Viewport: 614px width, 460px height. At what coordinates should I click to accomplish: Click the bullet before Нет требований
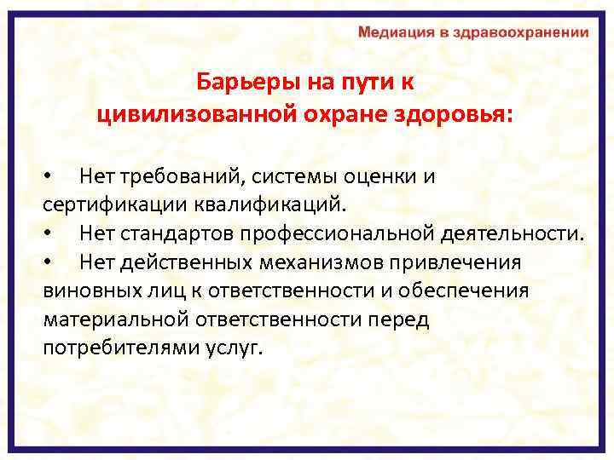coord(49,177)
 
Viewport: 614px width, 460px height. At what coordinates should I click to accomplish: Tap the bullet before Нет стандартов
coord(49,233)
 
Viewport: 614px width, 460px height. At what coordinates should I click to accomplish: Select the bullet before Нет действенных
coord(49,262)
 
